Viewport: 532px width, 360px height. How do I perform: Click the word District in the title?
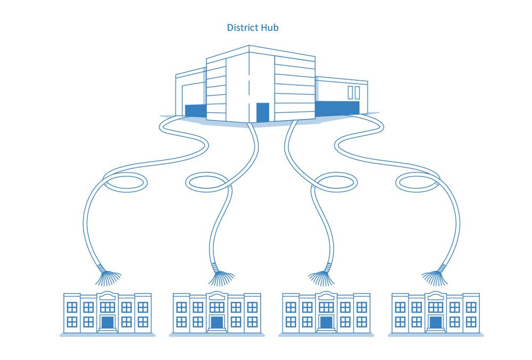point(242,27)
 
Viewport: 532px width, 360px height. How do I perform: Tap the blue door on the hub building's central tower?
point(262,112)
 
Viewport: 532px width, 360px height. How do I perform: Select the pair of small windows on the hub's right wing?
point(353,93)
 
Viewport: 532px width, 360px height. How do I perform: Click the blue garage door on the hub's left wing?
point(195,110)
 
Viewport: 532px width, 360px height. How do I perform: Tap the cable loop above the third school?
point(335,182)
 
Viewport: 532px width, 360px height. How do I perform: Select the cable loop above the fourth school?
point(418,182)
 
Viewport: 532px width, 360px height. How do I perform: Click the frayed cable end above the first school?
point(106,277)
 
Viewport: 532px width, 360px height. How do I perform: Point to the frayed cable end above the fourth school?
point(436,277)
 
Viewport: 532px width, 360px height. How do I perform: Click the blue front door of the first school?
point(107,323)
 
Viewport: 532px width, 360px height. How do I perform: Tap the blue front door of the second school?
point(217,323)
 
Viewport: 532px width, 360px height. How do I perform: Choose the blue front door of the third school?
point(326,323)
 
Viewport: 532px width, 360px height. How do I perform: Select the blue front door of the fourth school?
point(436,323)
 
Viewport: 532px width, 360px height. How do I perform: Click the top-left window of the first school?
point(72,307)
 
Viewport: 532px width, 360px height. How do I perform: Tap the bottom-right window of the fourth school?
point(471,322)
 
